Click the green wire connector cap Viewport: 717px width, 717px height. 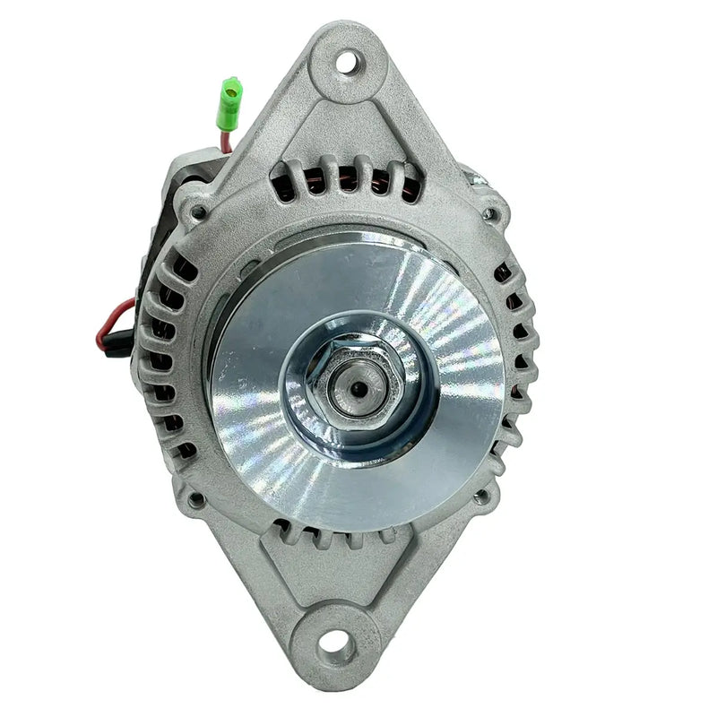[x=231, y=93]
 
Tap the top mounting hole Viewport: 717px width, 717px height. [x=347, y=62]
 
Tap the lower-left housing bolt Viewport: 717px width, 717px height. [x=194, y=499]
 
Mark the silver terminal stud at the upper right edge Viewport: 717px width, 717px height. [x=475, y=178]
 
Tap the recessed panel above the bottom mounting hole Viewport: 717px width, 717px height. [x=336, y=574]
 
